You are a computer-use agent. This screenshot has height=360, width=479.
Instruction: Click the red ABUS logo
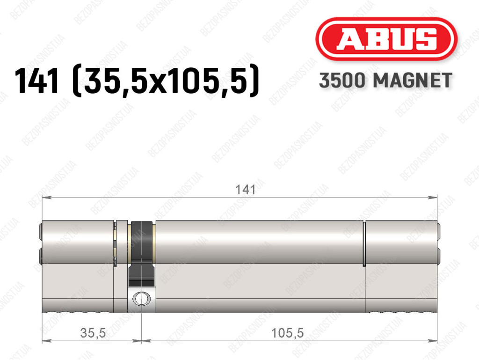386,39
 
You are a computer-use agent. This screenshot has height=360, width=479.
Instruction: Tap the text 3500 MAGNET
385,81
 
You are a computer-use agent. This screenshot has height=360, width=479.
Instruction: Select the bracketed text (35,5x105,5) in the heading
165,81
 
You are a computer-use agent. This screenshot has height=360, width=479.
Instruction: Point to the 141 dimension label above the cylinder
245,190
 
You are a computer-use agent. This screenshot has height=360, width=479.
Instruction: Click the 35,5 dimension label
93,333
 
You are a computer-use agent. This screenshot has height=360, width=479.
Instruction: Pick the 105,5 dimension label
288,333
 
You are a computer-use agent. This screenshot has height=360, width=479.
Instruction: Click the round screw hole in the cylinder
141,298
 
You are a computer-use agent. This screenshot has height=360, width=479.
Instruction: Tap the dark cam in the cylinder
142,254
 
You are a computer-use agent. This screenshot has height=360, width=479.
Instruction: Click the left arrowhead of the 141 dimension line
46,198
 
